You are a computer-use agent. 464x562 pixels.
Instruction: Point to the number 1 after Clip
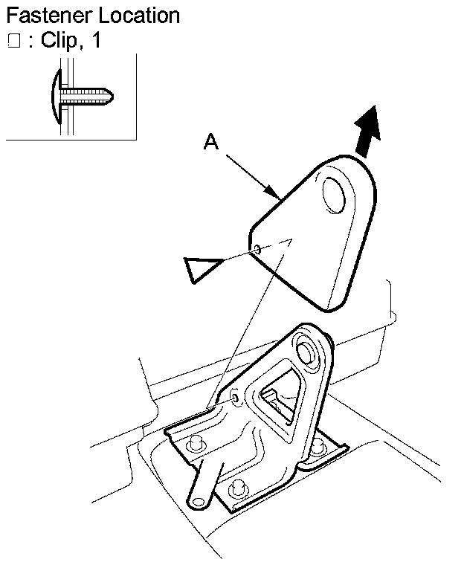click(x=94, y=42)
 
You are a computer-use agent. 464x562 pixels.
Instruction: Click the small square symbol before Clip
click(x=11, y=42)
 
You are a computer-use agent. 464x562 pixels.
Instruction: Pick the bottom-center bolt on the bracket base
click(x=236, y=487)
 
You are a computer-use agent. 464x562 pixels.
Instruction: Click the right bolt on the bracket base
click(x=318, y=446)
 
